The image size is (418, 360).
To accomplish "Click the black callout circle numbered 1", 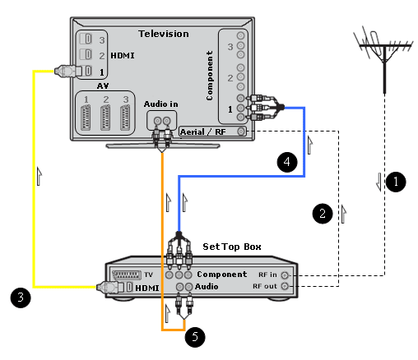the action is point(396,182).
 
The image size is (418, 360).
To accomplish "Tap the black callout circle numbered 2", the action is point(323,214).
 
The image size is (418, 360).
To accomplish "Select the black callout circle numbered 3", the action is point(21,298).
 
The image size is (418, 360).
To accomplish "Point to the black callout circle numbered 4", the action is point(287,162).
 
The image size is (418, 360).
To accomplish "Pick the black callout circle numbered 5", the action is point(195,337).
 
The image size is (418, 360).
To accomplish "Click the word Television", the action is point(164,34).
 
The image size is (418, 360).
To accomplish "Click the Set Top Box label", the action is point(232,247).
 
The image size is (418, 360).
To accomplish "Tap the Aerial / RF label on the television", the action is point(202,132).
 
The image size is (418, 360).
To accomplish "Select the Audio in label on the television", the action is point(161,104).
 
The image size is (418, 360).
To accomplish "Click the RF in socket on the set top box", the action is point(286,275).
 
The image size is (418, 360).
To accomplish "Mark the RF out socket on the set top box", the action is point(286,286).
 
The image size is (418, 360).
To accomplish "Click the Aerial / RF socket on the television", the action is point(241,132).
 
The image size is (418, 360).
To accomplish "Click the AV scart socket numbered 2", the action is point(105,118).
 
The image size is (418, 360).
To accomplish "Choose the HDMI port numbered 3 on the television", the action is point(86,39).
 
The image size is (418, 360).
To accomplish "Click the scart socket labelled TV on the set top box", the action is point(127,275).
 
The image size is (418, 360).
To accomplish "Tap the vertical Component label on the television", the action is point(210,76).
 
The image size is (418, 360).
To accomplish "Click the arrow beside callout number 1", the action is point(379,182).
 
